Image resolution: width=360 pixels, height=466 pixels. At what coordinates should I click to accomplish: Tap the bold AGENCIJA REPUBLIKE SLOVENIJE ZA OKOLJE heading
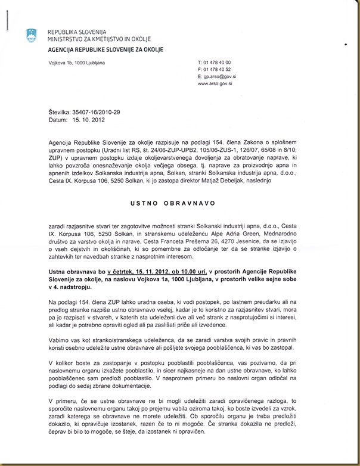[105, 49]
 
